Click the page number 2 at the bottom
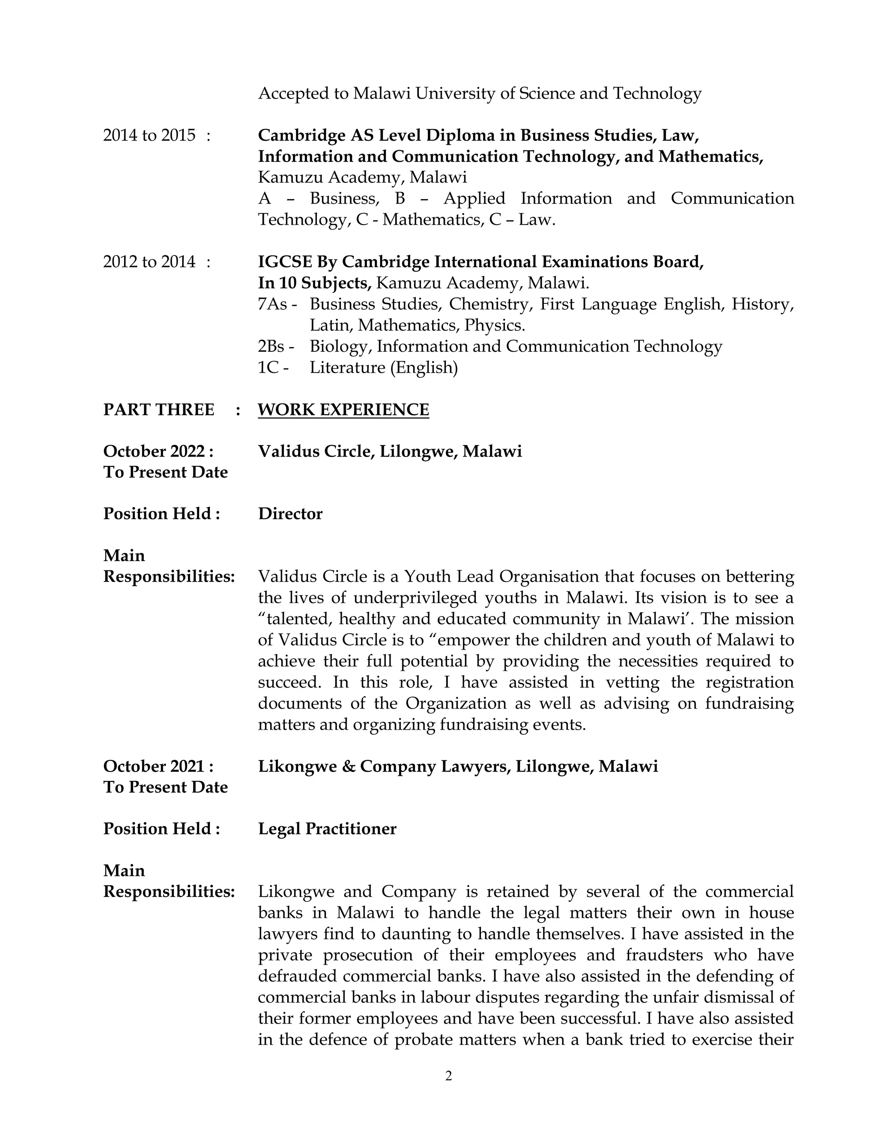[448, 1076]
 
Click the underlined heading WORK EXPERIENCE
[343, 410]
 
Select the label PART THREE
[158, 410]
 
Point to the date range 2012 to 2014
[149, 262]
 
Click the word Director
[290, 514]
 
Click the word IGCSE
[285, 262]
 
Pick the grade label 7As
[273, 304]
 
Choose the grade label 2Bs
[272, 346]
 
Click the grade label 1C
[268, 368]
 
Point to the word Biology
[340, 346]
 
